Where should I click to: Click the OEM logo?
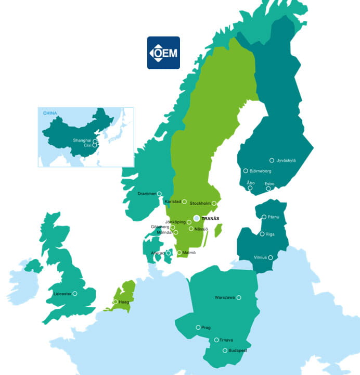pos(163,53)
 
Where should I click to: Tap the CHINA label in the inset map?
pos(50,113)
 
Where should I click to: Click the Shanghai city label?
pos(82,140)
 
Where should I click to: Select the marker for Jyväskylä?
pos(272,160)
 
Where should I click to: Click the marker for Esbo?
pos(268,189)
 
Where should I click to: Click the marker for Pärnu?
pos(264,217)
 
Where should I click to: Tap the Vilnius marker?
pos(270,257)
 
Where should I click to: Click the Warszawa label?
pos(225,298)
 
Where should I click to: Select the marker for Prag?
pos(198,328)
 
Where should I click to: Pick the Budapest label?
pos(237,351)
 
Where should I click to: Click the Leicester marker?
pos(75,294)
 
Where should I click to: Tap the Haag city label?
pos(124,302)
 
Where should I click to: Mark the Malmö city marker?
pos(179,253)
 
